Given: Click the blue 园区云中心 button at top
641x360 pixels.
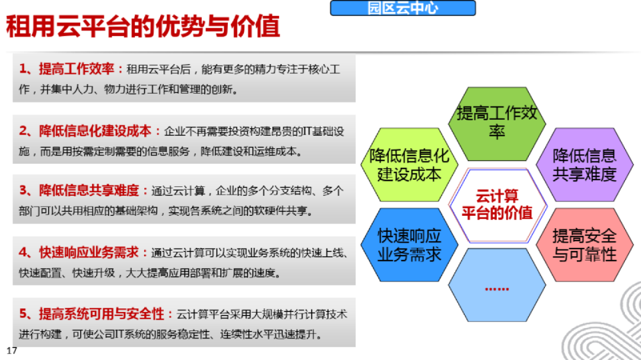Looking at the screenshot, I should pyautogui.click(x=403, y=9).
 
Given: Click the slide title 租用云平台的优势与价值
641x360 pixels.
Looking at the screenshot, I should pyautogui.click(x=143, y=27).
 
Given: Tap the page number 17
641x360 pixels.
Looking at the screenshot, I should pyautogui.click(x=11, y=350).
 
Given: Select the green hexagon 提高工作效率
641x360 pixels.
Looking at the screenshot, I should pyautogui.click(x=496, y=122).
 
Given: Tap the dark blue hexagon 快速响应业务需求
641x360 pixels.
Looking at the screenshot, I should pyautogui.click(x=409, y=245).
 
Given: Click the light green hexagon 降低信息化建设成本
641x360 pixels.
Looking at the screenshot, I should pyautogui.click(x=409, y=165).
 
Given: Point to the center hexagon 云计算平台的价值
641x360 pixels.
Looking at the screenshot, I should pyautogui.click(x=497, y=205).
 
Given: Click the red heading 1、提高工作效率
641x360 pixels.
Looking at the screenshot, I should pyautogui.click(x=71, y=69).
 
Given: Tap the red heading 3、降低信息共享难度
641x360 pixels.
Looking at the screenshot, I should pyautogui.click(x=84, y=191).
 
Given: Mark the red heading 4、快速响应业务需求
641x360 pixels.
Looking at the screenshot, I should pyautogui.click(x=83, y=253).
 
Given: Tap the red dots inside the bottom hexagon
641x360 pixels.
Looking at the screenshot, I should pyautogui.click(x=496, y=289).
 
